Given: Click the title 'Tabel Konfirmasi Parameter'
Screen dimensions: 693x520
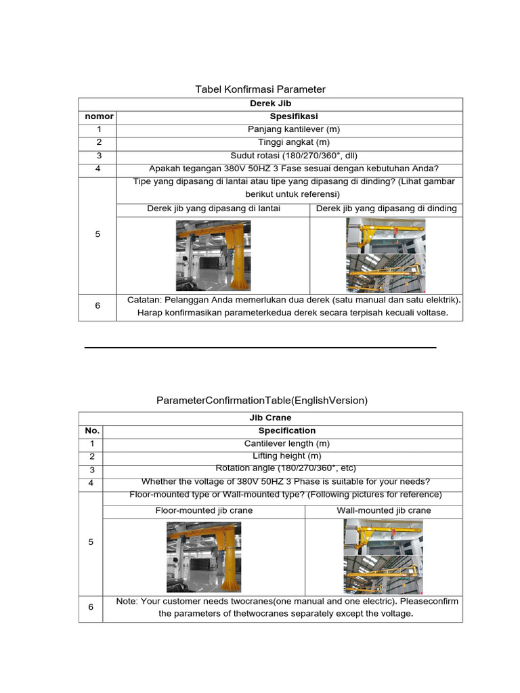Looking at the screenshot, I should coord(260,89).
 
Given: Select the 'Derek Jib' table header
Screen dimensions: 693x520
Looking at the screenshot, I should coord(289,104).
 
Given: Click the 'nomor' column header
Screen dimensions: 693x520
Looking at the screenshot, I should coord(97,116).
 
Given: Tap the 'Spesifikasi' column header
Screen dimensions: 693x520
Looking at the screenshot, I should coord(289,116).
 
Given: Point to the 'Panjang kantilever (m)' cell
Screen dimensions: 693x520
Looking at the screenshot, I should coord(289,129).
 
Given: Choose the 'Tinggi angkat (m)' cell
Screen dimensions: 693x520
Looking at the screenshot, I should coord(289,142).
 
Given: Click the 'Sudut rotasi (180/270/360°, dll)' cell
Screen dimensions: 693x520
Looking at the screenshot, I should coord(289,155).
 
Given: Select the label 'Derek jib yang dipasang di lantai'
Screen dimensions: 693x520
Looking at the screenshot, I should coord(213,208).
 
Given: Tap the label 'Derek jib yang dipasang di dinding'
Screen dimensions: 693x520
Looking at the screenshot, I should coord(386,208).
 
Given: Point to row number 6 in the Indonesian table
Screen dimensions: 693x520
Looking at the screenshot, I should coord(97,306).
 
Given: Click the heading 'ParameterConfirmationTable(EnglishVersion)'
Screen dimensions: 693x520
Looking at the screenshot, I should coord(261,401).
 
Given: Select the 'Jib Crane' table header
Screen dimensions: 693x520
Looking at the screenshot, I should coord(282,418).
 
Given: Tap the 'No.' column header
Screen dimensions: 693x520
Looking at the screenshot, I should coord(92,430).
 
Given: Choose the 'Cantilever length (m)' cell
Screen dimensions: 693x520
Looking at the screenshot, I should coord(282,443).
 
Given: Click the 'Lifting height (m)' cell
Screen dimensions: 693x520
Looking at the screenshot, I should coord(282,456).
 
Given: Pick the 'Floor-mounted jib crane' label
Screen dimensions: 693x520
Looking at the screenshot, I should coord(204,510).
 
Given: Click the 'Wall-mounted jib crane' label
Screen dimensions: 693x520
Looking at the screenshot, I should coord(384,510).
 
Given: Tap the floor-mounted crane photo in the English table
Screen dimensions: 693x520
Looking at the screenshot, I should coord(204,557).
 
